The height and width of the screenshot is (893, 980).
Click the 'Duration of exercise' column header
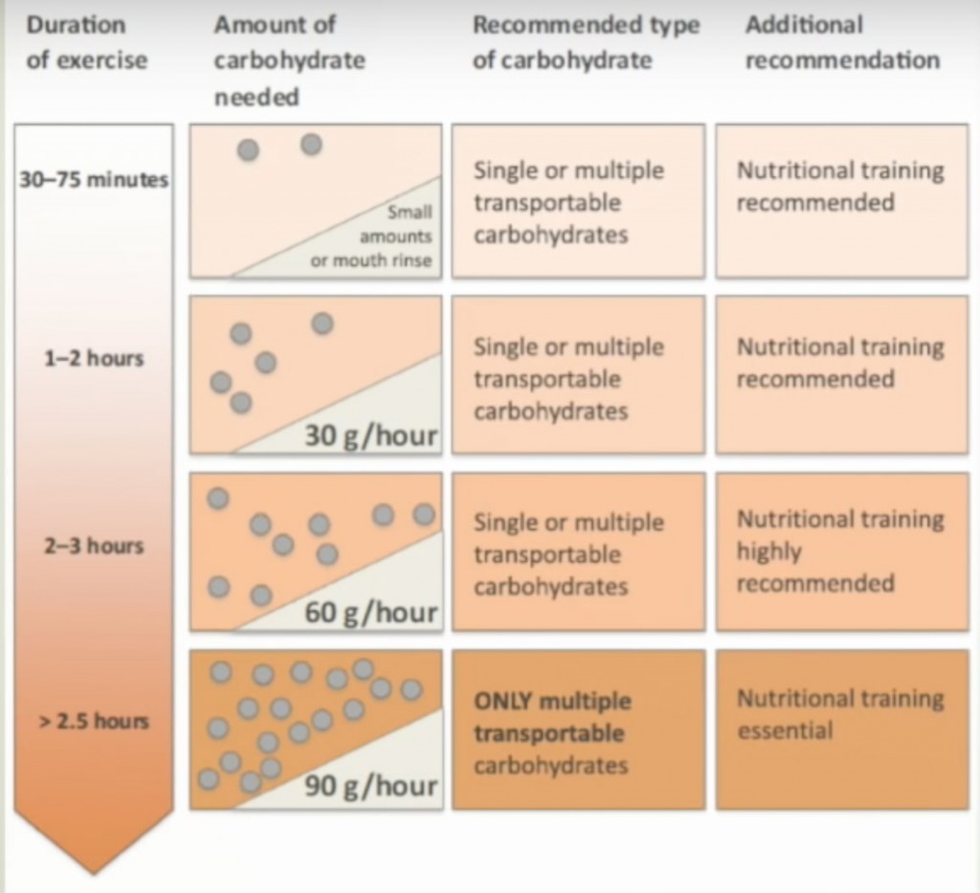tap(87, 42)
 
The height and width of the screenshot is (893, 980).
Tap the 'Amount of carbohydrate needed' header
tap(289, 60)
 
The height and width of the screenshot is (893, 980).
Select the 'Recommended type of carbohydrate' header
tap(587, 42)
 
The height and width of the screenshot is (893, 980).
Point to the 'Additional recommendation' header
tap(842, 42)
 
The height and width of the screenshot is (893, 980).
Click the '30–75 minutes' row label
tap(94, 180)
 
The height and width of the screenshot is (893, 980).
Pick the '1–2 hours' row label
tap(94, 359)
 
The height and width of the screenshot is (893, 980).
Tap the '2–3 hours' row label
tap(94, 547)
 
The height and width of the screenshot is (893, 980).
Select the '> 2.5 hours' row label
tap(94, 721)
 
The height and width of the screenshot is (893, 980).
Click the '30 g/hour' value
tap(370, 435)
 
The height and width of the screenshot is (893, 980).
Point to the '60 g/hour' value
tap(370, 613)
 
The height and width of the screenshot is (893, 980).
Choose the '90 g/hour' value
tap(370, 786)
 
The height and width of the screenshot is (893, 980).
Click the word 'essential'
tap(785, 730)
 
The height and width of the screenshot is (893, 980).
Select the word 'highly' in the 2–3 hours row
tap(768, 552)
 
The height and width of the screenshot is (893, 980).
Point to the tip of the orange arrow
tap(94, 873)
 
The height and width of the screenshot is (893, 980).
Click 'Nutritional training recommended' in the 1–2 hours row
tap(840, 363)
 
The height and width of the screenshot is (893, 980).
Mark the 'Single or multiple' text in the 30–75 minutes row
tap(568, 170)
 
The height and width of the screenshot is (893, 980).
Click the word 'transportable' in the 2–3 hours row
tap(547, 554)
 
